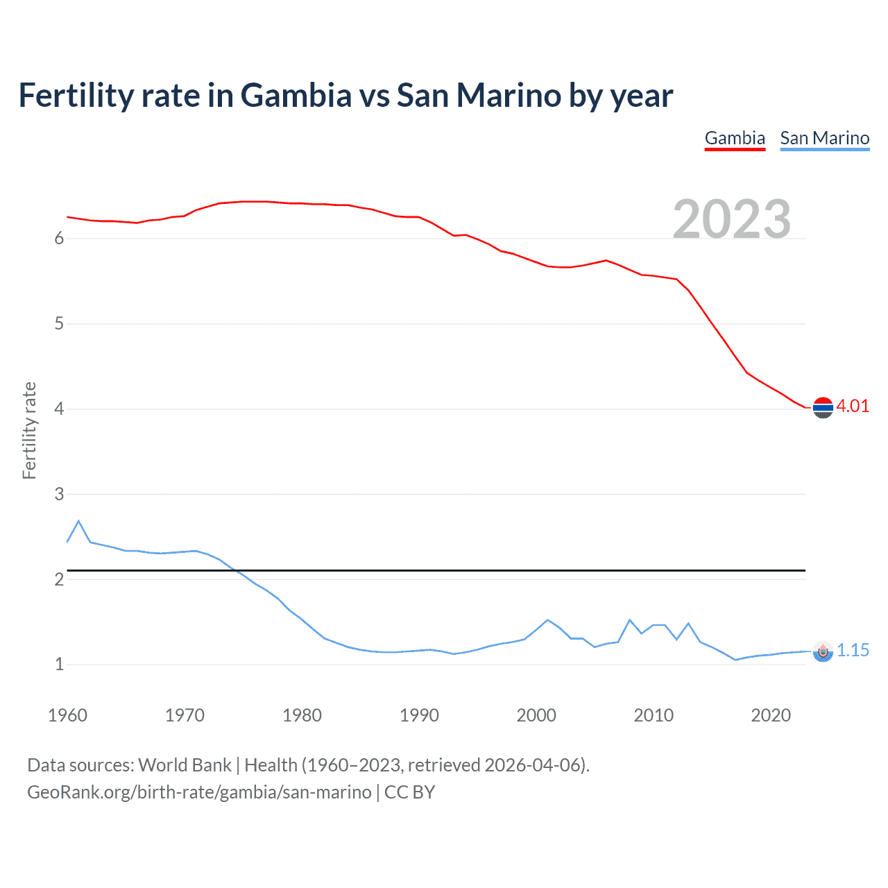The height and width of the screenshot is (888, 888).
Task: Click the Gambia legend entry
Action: pos(735,138)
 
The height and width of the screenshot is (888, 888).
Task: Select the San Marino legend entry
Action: pos(824,138)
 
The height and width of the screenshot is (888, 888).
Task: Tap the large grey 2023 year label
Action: pos(732,219)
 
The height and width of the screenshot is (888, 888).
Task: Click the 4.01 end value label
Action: pos(853,407)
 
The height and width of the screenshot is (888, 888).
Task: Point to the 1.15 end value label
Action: pos(853,650)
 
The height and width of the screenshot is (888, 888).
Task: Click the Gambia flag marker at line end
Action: pos(823,408)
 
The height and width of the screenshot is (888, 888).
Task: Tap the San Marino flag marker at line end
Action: pos(823,651)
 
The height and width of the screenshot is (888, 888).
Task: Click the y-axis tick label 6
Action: pos(59,239)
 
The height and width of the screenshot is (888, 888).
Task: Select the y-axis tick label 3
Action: pos(59,495)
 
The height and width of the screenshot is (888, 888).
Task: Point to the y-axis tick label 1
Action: pos(59,665)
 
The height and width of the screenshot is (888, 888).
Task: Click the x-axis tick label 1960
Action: pos(67,715)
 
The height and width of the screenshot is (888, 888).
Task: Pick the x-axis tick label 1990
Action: pos(419,715)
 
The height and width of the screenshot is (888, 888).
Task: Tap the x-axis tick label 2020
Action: pos(771,715)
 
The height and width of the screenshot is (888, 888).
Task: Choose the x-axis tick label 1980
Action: pos(302,715)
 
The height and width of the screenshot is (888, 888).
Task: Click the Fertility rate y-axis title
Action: pos(29,430)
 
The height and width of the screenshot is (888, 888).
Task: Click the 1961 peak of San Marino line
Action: pos(78,521)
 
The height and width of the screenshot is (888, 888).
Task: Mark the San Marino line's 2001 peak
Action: pos(547,620)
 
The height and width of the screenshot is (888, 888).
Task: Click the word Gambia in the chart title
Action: pos(296,95)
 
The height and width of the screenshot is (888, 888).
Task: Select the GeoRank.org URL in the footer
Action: pos(199,792)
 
